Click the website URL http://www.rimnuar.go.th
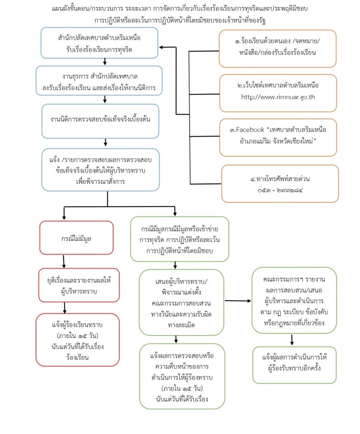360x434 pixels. tap(277, 97)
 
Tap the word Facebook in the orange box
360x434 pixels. tap(250, 130)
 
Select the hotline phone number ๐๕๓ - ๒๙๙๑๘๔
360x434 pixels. tap(280, 190)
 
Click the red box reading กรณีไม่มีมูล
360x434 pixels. tap(77, 238)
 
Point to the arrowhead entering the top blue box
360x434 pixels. tap(161, 47)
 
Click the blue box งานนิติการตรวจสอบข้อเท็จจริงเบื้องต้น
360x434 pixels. tap(100, 121)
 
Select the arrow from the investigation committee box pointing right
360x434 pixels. tap(238, 301)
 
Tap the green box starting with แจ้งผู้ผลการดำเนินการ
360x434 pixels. tap(294, 365)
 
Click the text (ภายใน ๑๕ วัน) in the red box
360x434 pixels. tap(78, 336)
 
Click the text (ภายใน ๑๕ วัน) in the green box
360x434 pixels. tap(182, 388)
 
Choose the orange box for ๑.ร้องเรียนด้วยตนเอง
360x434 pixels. tap(277, 49)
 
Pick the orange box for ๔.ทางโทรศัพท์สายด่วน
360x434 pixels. tap(280, 183)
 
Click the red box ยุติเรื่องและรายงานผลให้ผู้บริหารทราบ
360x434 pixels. tap(79, 285)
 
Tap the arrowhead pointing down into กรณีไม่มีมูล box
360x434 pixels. tap(64, 218)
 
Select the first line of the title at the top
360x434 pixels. tap(180, 9)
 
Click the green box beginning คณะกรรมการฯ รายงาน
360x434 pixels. tap(294, 301)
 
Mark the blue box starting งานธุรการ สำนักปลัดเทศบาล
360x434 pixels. tap(99, 80)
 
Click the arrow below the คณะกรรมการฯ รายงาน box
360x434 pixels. tap(292, 340)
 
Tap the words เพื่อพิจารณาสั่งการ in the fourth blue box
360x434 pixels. tap(100, 182)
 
